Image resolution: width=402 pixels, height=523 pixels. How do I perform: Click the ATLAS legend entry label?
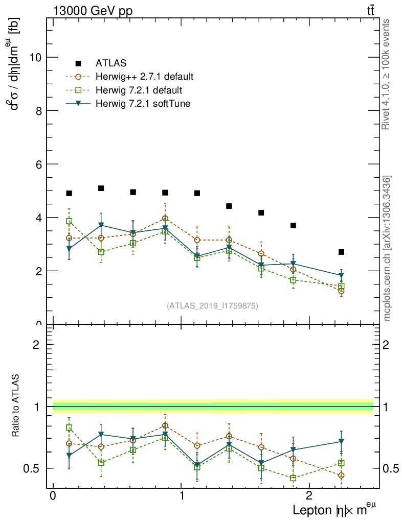[111, 63]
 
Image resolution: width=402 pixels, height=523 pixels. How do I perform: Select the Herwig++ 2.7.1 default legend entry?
[144, 77]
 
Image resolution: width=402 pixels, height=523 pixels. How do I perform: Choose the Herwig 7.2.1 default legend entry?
[139, 90]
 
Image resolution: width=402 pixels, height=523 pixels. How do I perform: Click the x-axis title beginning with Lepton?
[335, 510]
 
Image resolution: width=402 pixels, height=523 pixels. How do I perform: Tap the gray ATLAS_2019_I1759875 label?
[212, 306]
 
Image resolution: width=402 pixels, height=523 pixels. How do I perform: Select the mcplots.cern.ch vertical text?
[387, 248]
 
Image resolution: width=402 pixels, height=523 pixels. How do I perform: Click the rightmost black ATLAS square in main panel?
[341, 252]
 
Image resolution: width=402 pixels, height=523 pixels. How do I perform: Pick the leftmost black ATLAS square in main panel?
[69, 193]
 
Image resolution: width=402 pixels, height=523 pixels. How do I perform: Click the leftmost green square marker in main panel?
[69, 221]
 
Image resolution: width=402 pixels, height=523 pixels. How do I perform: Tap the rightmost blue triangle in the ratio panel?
[341, 442]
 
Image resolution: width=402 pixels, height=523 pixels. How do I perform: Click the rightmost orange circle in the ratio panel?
[341, 476]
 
